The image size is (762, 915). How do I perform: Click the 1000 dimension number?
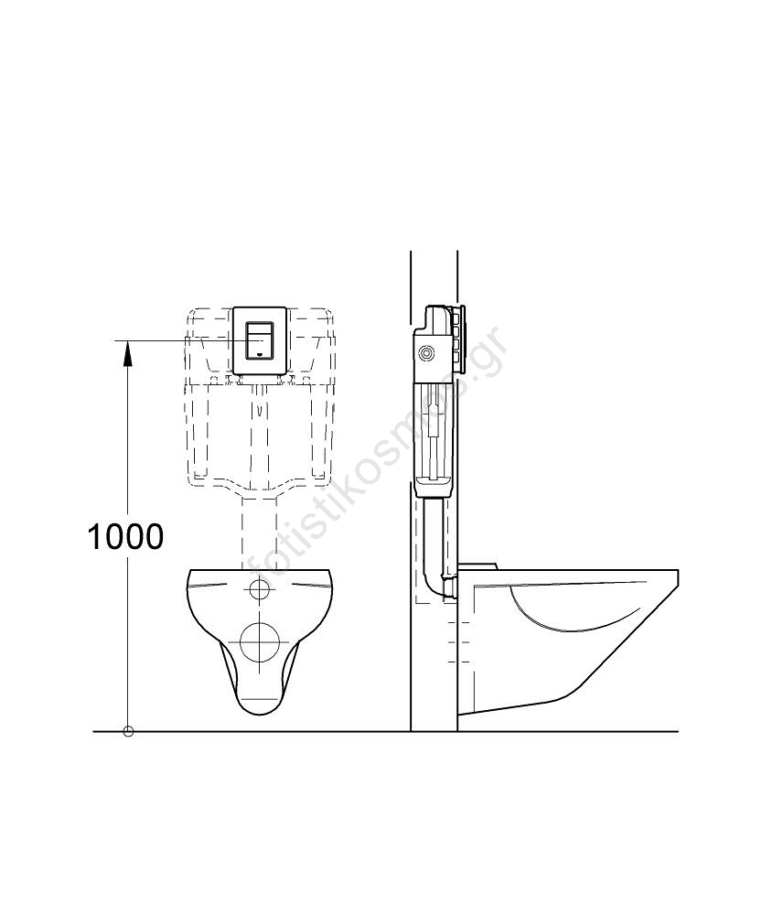[x=125, y=536]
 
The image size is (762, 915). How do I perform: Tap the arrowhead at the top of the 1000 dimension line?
[x=128, y=352]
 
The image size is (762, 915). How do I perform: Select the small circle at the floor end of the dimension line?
[x=128, y=731]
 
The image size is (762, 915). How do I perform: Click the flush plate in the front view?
[x=260, y=340]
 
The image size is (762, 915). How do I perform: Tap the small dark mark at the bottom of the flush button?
[x=260, y=353]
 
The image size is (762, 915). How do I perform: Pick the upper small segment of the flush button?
[x=260, y=328]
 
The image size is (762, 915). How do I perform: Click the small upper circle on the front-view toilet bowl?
[x=259, y=589]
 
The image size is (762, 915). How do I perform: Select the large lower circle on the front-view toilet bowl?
[x=260, y=641]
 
